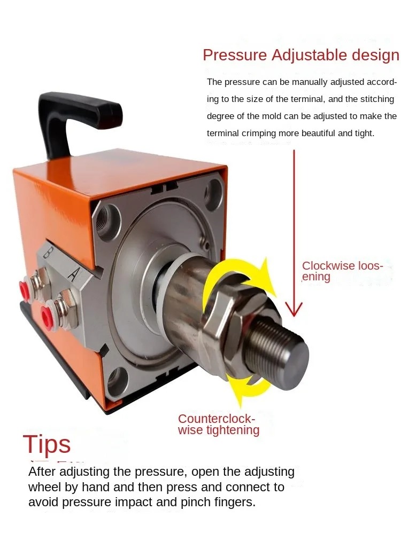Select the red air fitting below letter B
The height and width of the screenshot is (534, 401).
coord(25,289)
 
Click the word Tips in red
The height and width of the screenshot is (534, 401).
coord(47,445)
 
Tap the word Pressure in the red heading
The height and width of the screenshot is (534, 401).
coord(235,55)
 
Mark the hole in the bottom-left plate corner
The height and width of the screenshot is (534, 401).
coord(116,380)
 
